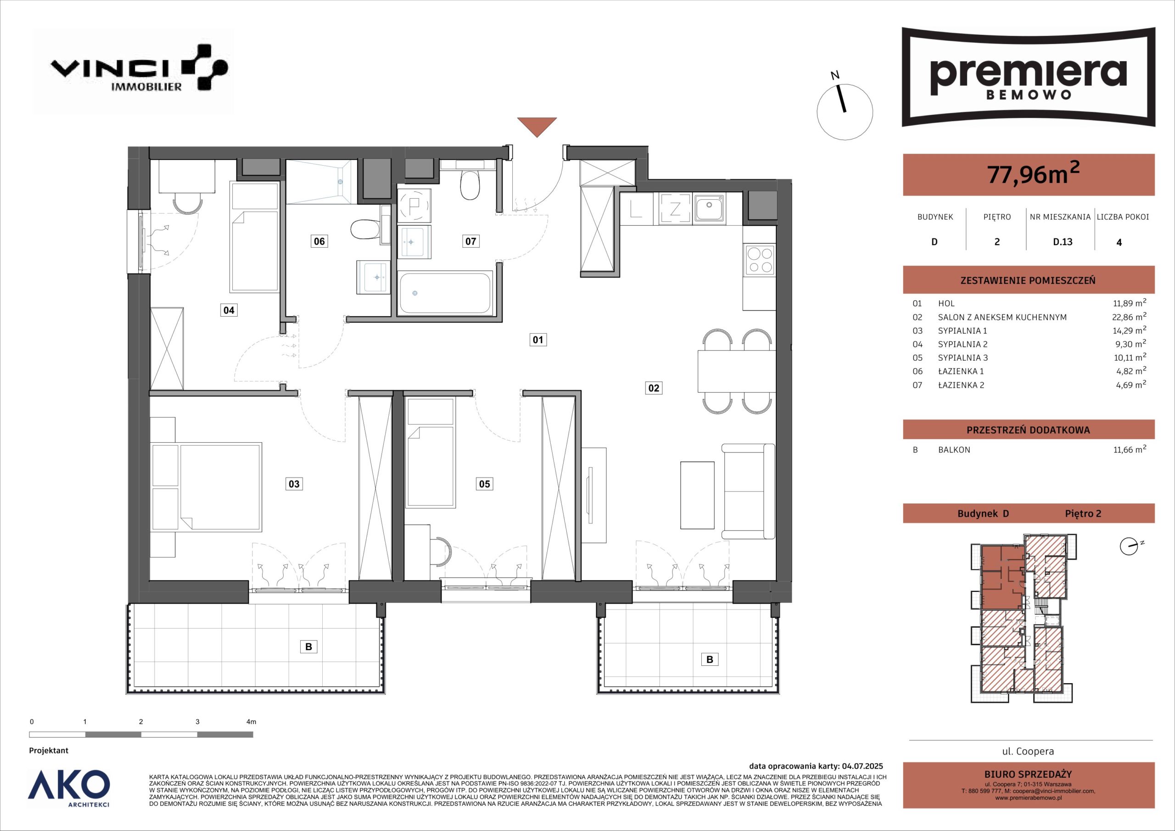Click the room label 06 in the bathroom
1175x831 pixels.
pyautogui.click(x=319, y=241)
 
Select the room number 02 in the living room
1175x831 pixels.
pyautogui.click(x=654, y=388)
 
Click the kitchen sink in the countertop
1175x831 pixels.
pyautogui.click(x=709, y=209)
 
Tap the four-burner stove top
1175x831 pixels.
pyautogui.click(x=761, y=260)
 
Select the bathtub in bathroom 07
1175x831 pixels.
pyautogui.click(x=445, y=293)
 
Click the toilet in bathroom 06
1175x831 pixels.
pyautogui.click(x=364, y=230)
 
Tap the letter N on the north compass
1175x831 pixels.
pyautogui.click(x=835, y=90)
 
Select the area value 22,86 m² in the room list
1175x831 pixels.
pyautogui.click(x=1126, y=317)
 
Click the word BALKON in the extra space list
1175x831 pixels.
pyautogui.click(x=954, y=450)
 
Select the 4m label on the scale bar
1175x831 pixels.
pyautogui.click(x=251, y=722)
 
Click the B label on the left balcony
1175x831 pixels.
pyautogui.click(x=308, y=647)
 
